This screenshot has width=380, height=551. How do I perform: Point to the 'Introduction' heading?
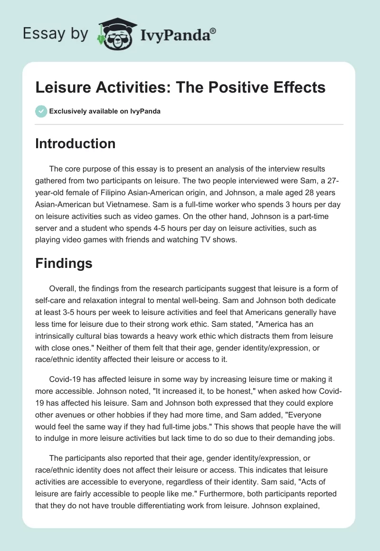(x=75, y=143)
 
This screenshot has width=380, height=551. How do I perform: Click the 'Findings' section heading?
(x=64, y=264)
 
